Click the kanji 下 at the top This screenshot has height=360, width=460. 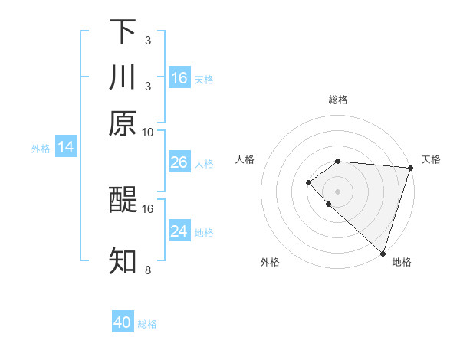pyautogui.click(x=123, y=32)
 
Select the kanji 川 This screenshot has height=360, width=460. pyautogui.click(x=123, y=77)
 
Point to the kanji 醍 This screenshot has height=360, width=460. pyautogui.click(x=123, y=201)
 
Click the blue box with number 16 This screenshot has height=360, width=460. pyautogui.click(x=179, y=78)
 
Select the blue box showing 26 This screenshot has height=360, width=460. pyautogui.click(x=179, y=162)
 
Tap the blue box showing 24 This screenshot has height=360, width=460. pyautogui.click(x=179, y=231)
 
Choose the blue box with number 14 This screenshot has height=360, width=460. pyautogui.click(x=66, y=147)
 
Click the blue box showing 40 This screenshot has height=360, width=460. pyautogui.click(x=123, y=322)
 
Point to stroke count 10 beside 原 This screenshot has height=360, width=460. pyautogui.click(x=148, y=132)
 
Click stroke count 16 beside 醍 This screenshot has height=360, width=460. pyautogui.click(x=148, y=208)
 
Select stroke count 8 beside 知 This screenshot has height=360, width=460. pyautogui.click(x=148, y=270)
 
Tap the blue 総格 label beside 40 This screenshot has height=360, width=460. pyautogui.click(x=147, y=324)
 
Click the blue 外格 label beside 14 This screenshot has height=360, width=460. pyautogui.click(x=41, y=149)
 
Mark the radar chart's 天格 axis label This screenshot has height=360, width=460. pyautogui.click(x=431, y=159)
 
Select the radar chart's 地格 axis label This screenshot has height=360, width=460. pyautogui.click(x=402, y=263)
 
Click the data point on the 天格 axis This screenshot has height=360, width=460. pyautogui.click(x=410, y=167)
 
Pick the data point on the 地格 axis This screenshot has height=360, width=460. pyautogui.click(x=383, y=253)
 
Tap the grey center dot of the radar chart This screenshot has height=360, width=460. pyautogui.click(x=337, y=191)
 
